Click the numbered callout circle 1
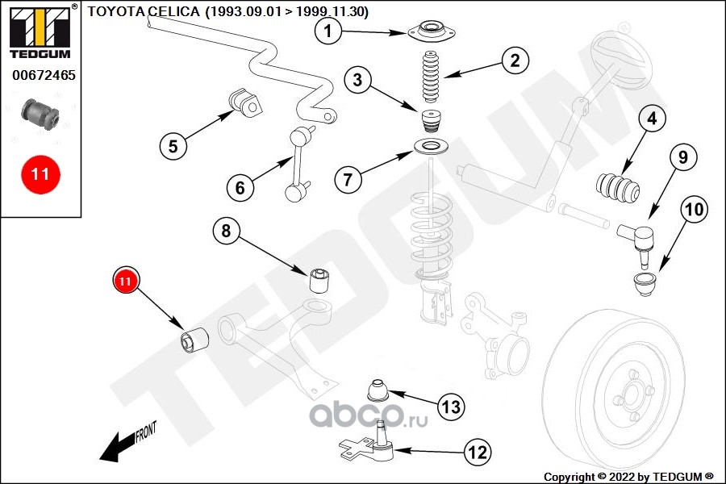click(x=328, y=32)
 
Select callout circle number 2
click(x=514, y=60)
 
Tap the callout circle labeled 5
click(x=173, y=146)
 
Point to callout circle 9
click(x=682, y=158)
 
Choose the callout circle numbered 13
click(x=450, y=406)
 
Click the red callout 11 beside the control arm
click(x=125, y=281)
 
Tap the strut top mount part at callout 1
click(x=432, y=35)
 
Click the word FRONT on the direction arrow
click(x=145, y=432)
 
